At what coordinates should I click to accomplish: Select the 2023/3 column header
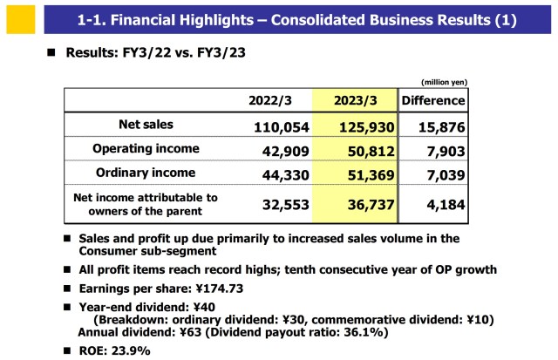pyautogui.click(x=355, y=101)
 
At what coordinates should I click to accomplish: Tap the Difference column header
pyautogui.click(x=433, y=101)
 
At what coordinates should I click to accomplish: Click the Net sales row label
pyautogui.click(x=146, y=125)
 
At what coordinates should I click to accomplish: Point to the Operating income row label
pyautogui.click(x=146, y=149)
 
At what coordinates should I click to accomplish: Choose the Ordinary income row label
pyautogui.click(x=146, y=173)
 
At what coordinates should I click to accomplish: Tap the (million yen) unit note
pyautogui.click(x=445, y=82)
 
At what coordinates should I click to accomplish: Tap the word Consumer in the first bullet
pyautogui.click(x=111, y=250)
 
